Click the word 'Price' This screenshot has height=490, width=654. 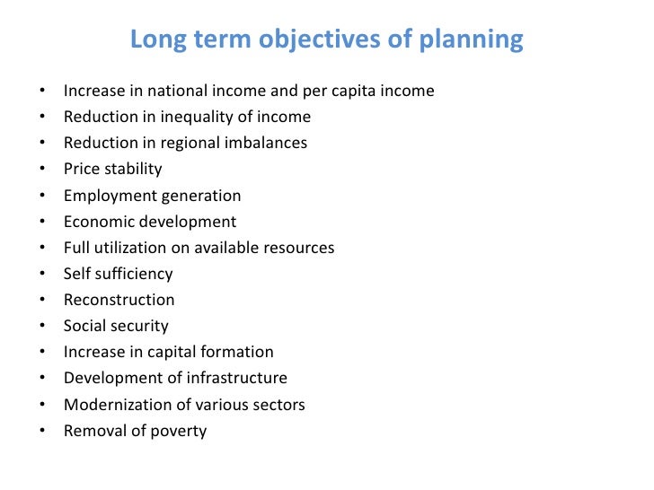(x=82, y=169)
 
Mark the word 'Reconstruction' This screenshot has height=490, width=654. (x=119, y=300)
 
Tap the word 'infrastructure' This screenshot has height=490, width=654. (x=237, y=378)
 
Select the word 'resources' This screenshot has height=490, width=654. (x=298, y=248)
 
